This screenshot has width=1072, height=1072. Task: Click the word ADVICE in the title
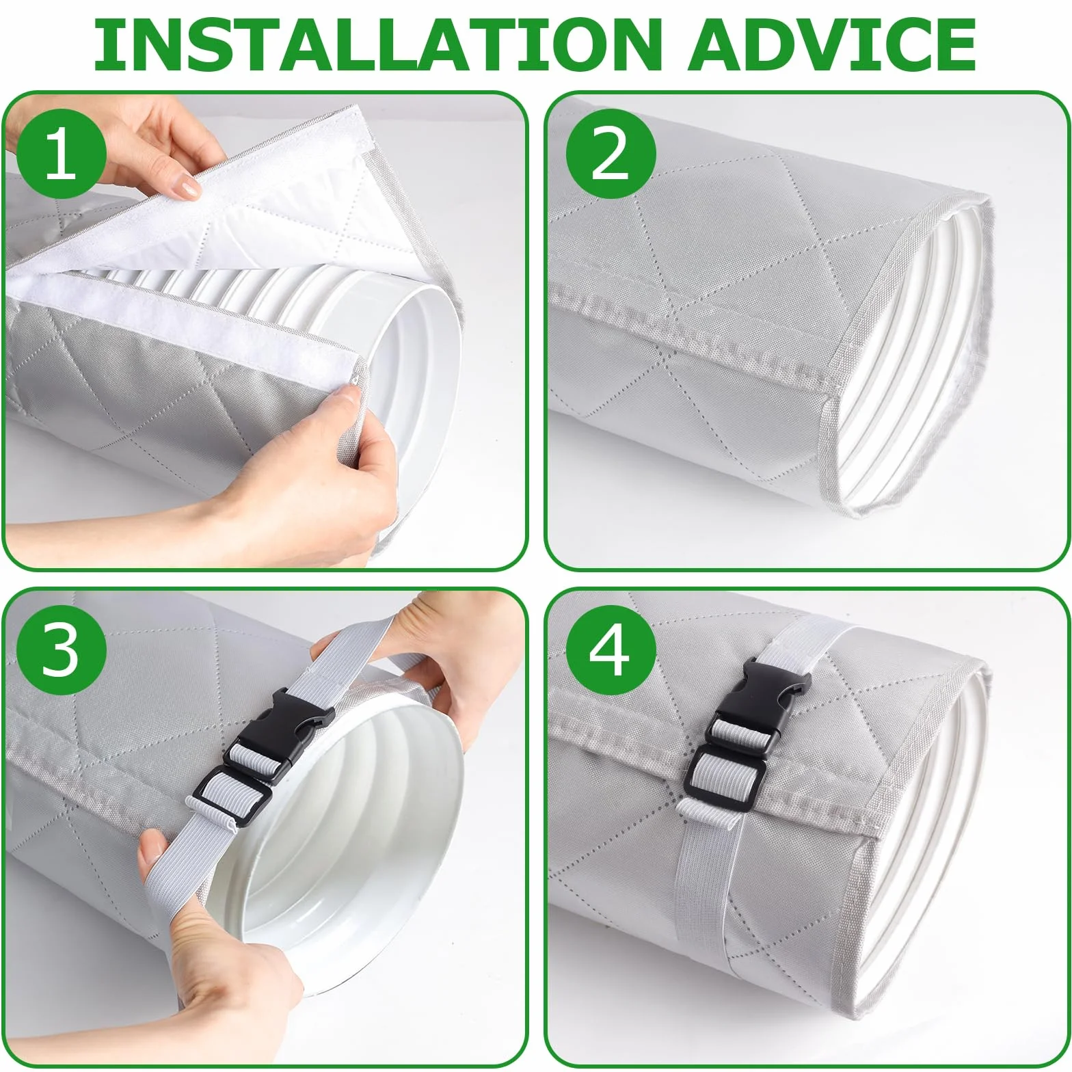point(833,44)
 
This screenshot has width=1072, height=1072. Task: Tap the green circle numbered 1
point(62,154)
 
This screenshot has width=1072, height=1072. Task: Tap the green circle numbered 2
point(611,154)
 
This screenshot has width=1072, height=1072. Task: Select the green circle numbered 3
point(62,650)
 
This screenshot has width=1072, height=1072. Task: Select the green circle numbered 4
point(611,650)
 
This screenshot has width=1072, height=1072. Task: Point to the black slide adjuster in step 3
point(232,796)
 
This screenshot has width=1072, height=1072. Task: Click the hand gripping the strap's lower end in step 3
point(205,943)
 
